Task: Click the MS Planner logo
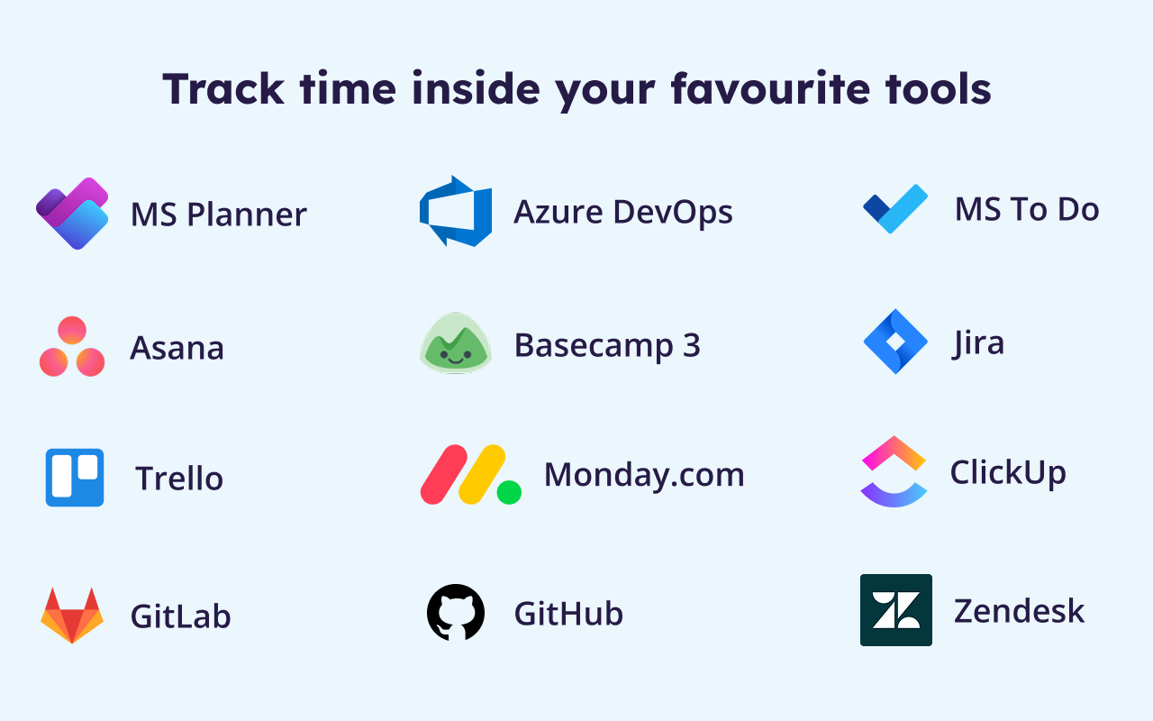(72, 214)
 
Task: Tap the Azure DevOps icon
(456, 211)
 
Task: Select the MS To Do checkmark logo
(895, 208)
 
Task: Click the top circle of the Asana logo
(72, 330)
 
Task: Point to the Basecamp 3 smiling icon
(456, 342)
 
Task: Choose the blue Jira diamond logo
(895, 342)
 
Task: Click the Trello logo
(75, 478)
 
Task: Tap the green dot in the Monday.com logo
(509, 492)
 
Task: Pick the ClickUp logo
(894, 471)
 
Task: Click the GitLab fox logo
(72, 616)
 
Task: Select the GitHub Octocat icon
(456, 612)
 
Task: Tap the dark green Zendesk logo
(896, 610)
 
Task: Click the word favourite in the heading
(770, 88)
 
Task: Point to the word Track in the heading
(223, 88)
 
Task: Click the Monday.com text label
(644, 475)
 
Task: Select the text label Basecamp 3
(607, 345)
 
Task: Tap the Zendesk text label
(1019, 611)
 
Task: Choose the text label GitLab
(181, 616)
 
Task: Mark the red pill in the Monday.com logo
(444, 474)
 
